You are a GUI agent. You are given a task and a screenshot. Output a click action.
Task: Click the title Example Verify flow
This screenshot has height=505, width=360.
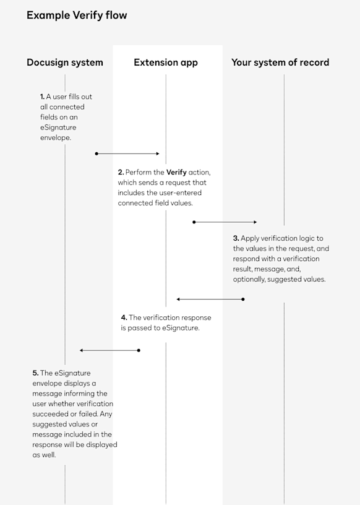(77, 15)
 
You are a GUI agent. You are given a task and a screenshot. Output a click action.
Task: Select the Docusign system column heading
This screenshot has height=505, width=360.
(65, 63)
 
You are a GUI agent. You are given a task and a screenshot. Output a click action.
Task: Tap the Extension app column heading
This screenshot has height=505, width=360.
(166, 63)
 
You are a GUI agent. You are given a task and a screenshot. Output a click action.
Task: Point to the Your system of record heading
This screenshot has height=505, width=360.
(280, 63)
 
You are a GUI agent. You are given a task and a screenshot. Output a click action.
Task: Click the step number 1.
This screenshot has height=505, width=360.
(42, 97)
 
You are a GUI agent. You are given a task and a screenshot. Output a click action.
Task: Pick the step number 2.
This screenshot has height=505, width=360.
(121, 172)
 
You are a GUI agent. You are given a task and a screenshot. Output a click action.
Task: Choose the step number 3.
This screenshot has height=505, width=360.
(236, 238)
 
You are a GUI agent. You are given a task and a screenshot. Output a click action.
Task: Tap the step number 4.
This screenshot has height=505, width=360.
(124, 317)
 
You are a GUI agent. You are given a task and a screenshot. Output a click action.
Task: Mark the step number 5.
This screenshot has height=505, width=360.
(35, 373)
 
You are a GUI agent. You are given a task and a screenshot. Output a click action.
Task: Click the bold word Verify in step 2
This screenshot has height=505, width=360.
(176, 172)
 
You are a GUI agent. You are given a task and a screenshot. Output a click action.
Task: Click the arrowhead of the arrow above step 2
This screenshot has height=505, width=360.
(158, 153)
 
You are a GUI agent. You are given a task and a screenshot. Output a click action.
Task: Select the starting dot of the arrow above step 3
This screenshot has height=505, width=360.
(194, 222)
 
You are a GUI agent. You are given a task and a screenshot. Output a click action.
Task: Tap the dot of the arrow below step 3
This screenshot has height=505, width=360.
(243, 299)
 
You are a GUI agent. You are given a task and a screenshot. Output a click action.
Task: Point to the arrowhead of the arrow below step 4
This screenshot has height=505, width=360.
(82, 350)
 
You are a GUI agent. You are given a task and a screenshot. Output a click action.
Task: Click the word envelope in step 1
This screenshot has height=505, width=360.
(56, 138)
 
